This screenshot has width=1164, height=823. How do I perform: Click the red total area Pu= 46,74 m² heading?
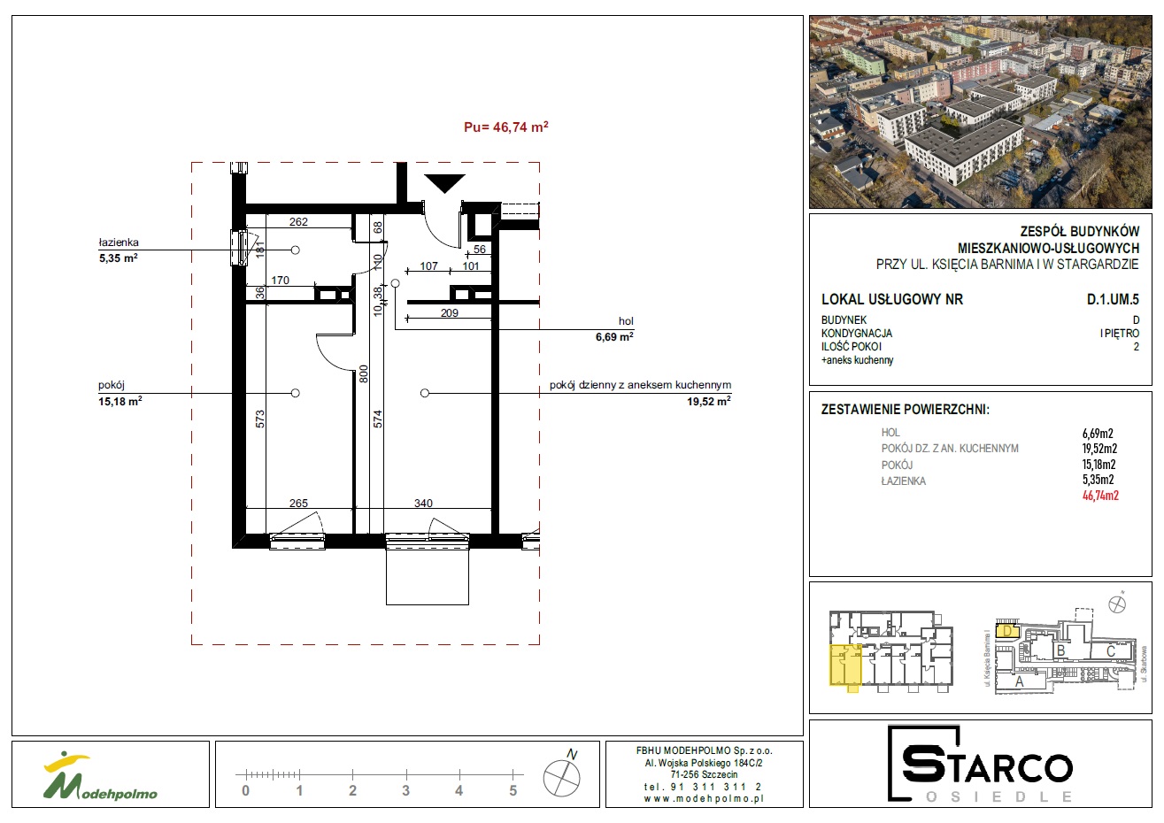pyautogui.click(x=505, y=127)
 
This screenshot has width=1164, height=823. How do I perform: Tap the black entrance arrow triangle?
pyautogui.click(x=444, y=183)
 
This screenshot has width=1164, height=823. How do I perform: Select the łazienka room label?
pyautogui.click(x=119, y=242)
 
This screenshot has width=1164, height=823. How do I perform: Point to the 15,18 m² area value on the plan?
pyautogui.click(x=120, y=401)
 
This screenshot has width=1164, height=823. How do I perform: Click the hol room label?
pyautogui.click(x=626, y=321)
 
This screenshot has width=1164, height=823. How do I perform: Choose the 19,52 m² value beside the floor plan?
pyautogui.click(x=709, y=401)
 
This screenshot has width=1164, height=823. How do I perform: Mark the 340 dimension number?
pyautogui.click(x=423, y=503)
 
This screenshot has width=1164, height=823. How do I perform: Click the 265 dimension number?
pyautogui.click(x=298, y=503)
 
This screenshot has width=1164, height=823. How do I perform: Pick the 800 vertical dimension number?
pyautogui.click(x=363, y=374)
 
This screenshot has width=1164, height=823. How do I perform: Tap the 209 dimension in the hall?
pyautogui.click(x=450, y=312)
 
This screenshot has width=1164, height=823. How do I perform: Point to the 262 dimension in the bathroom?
pyautogui.click(x=298, y=222)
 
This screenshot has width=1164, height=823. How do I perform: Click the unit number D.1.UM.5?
pyautogui.click(x=1113, y=299)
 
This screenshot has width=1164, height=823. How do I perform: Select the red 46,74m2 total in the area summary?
pyautogui.click(x=1100, y=496)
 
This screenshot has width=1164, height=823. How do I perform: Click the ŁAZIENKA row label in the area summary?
pyautogui.click(x=903, y=481)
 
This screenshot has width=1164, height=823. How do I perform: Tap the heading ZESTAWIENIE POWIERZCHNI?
pyautogui.click(x=905, y=410)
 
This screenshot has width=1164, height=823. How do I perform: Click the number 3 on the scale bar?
pyautogui.click(x=405, y=791)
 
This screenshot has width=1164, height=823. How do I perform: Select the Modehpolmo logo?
pyautogui.click(x=100, y=774)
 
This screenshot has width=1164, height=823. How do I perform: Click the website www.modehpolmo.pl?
pyautogui.click(x=704, y=798)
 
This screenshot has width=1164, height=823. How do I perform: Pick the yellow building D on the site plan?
pyautogui.click(x=1007, y=631)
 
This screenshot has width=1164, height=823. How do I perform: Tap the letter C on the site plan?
pyautogui.click(x=1111, y=650)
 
